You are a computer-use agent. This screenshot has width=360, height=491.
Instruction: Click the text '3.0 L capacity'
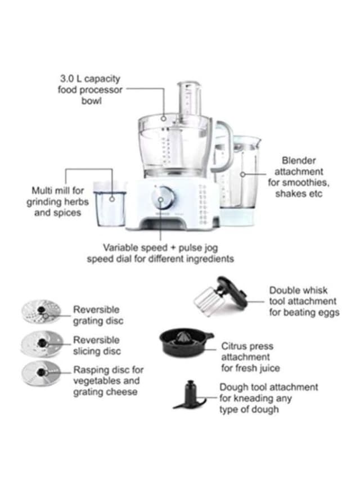91,79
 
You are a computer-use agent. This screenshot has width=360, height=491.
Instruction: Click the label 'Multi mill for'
58,191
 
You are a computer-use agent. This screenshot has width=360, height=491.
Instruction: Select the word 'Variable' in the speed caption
120,247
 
